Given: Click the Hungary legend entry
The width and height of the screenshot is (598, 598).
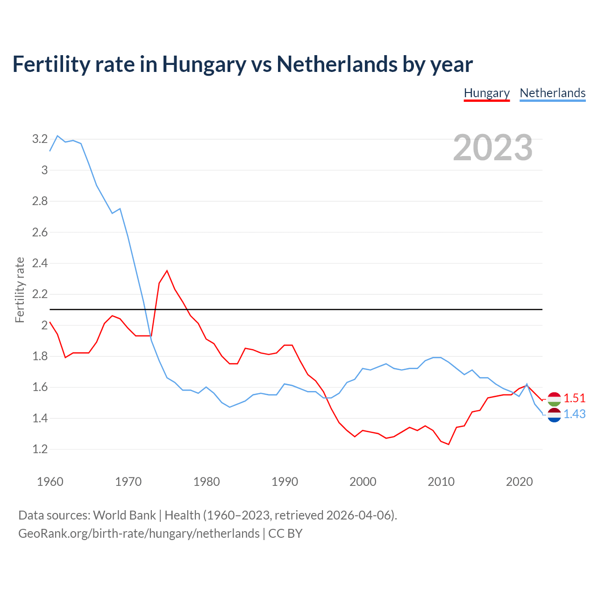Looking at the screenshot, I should coord(486,93).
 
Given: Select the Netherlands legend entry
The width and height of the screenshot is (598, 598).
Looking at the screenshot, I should coord(552,93).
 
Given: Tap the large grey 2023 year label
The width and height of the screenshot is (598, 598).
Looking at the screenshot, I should coord(493,148).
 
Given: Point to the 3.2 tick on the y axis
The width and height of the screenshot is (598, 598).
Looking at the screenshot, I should coord(40,139).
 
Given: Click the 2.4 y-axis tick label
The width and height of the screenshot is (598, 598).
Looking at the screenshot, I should coord(40,263).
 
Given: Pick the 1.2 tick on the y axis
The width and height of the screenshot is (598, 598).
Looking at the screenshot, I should coord(40,449).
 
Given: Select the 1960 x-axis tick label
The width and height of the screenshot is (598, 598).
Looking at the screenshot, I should coord(50,482).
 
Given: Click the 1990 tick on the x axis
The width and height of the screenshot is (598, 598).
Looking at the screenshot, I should coord(285,482).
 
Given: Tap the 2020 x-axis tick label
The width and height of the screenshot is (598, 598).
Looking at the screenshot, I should coord(519,482).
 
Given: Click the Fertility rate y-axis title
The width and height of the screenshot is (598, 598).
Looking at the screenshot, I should coord(20,290).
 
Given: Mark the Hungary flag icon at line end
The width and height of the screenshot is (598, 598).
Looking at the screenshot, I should coord(554,399).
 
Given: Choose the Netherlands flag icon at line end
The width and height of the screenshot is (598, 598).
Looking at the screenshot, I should coord(554,414).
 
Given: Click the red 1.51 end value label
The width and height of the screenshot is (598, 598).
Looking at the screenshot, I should coord(574,398).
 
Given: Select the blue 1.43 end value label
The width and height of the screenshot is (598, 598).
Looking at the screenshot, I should coord(574,414).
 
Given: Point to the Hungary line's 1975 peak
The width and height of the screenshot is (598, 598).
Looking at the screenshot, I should coord(167,271).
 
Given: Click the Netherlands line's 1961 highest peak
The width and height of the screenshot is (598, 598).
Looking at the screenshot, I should coord(57,136).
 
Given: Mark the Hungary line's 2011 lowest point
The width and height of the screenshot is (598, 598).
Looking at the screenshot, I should coord(448,444).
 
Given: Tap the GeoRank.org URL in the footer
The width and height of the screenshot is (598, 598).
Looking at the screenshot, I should coord(139,534).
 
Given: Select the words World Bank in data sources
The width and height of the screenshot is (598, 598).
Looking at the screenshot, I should coord(124,515).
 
